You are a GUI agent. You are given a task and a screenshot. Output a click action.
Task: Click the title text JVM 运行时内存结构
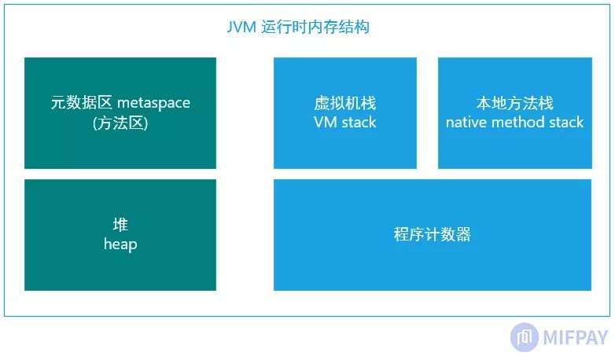point(298,28)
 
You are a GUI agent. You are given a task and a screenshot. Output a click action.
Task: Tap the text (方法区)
point(120,123)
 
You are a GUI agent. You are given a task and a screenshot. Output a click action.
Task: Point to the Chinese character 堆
point(120,226)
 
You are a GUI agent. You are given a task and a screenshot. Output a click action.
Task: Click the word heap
point(120,244)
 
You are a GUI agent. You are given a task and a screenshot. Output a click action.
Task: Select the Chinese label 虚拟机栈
point(344,103)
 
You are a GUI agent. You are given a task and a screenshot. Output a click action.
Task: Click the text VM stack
point(344,123)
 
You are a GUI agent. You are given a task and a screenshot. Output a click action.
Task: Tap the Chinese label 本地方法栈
point(514,103)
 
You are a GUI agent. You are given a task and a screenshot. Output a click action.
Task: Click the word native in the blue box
point(467,123)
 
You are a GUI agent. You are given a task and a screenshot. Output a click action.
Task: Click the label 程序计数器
point(432,235)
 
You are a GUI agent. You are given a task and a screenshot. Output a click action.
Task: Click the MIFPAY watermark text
point(576,338)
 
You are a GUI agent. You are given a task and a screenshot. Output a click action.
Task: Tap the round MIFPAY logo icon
point(525,337)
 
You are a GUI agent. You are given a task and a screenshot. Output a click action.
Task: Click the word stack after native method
point(566,123)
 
